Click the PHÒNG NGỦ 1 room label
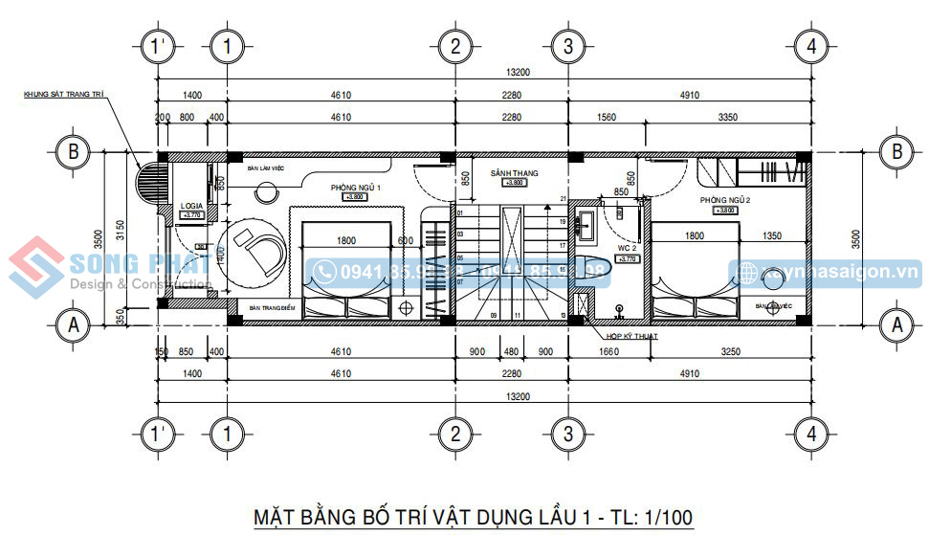coord(356,188)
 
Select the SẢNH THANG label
coord(514,173)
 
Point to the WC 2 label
coord(627,247)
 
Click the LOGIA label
coord(191,207)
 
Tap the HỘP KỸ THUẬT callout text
coord(632,337)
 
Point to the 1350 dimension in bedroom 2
coord(773,236)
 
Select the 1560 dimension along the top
coord(606,117)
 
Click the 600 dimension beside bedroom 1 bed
coord(406,240)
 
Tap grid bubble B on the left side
coord(73,151)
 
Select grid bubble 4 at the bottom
coord(811,433)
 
